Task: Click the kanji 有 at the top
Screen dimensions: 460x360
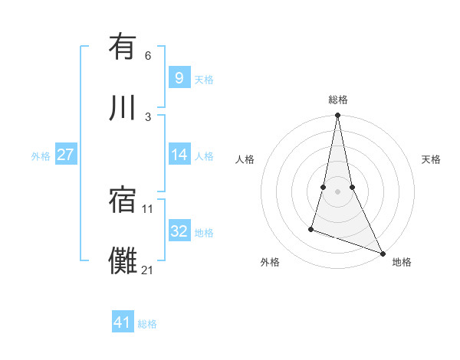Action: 123,47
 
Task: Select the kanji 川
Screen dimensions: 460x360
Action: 123,107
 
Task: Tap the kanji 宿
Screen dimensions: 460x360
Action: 123,201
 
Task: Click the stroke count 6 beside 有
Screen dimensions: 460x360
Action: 148,56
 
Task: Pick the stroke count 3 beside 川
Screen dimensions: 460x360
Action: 148,116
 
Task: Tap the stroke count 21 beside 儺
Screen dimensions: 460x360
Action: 148,270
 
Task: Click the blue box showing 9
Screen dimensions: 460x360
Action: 179,77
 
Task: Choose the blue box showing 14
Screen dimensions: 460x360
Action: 179,155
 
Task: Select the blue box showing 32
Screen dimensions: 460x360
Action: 179,231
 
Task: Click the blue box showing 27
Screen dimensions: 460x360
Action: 65,155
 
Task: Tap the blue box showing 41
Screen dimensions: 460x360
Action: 123,322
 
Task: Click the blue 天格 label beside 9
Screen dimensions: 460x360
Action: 203,79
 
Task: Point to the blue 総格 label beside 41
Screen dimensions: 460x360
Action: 147,324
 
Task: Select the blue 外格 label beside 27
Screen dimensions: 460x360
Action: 41,156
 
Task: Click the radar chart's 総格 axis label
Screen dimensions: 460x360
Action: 338,100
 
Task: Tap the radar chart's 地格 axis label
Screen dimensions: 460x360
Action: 402,262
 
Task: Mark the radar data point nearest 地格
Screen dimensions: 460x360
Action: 382,254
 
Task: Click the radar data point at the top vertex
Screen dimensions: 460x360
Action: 337,116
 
